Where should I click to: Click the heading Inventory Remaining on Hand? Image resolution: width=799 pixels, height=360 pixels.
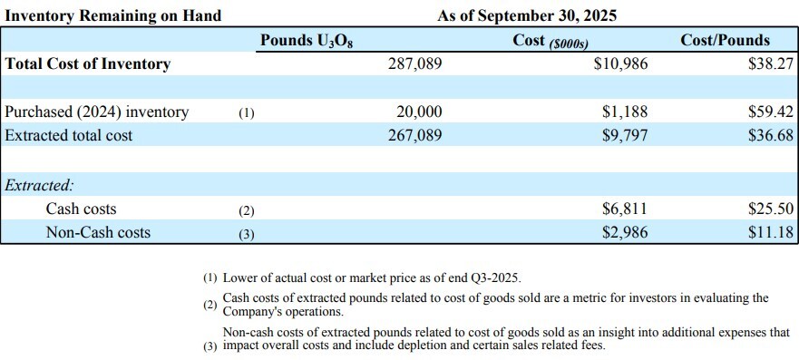coord(113,15)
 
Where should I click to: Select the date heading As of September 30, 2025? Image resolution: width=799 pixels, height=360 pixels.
coord(527,15)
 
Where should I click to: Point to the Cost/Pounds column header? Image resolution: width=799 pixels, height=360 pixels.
coord(726,40)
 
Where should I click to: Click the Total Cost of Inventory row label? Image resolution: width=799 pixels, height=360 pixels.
coord(88,64)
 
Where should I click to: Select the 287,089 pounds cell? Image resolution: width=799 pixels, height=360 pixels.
coord(414,64)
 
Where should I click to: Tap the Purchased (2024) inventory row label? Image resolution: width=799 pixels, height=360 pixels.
coord(97,112)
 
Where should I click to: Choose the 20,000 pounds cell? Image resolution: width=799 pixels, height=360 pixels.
coord(419,112)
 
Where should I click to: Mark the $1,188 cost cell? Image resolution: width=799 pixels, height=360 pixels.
coord(625,112)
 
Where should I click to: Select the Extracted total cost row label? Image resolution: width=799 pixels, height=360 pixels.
coord(69,135)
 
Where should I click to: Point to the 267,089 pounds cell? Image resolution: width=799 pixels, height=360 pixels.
coord(414,135)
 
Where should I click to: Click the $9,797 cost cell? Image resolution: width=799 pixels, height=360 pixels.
coord(625,135)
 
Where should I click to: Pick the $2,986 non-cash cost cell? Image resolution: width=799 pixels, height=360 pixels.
coord(625,232)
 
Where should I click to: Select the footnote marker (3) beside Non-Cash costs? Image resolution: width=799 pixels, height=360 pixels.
coord(247,233)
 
